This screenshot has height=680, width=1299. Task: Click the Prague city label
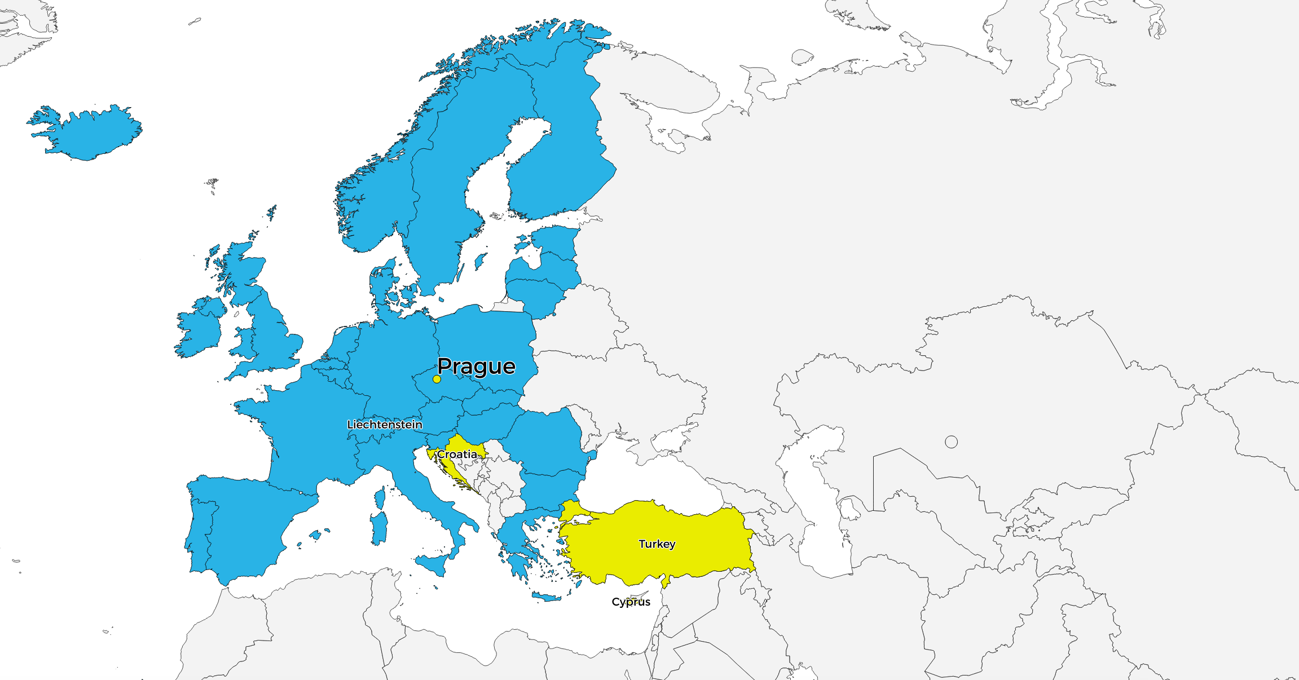(476, 367)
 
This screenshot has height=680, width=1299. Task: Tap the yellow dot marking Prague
(437, 379)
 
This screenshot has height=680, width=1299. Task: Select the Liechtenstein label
(385, 425)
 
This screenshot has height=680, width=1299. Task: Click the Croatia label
(457, 454)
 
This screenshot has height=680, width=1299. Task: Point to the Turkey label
(657, 544)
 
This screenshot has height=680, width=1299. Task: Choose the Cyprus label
(631, 602)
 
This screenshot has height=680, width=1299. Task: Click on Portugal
(197, 530)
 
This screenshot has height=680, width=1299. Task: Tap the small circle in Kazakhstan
(951, 442)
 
